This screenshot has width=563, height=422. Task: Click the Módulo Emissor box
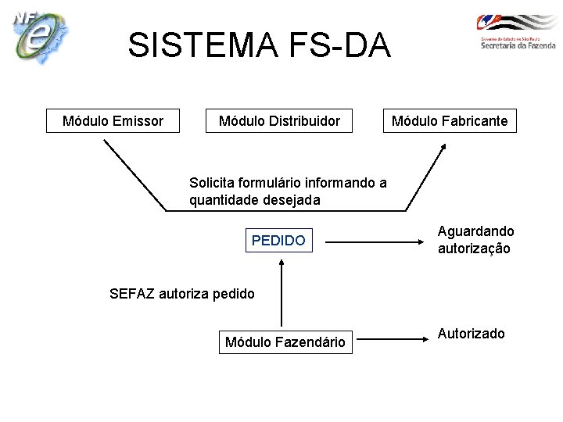pos(113,120)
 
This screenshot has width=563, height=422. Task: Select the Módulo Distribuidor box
pos(279,120)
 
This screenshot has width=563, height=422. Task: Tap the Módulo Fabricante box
pos(449,120)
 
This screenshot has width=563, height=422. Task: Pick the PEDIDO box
pos(278,241)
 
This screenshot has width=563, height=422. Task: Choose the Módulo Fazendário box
pos(285,342)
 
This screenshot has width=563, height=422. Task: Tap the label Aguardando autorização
pos(475,240)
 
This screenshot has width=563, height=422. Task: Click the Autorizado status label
pos(471,334)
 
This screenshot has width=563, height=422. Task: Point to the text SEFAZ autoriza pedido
pos(182,294)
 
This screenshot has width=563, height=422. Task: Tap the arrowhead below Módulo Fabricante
pos(442,148)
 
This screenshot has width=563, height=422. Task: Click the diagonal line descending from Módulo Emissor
pos(134,176)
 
